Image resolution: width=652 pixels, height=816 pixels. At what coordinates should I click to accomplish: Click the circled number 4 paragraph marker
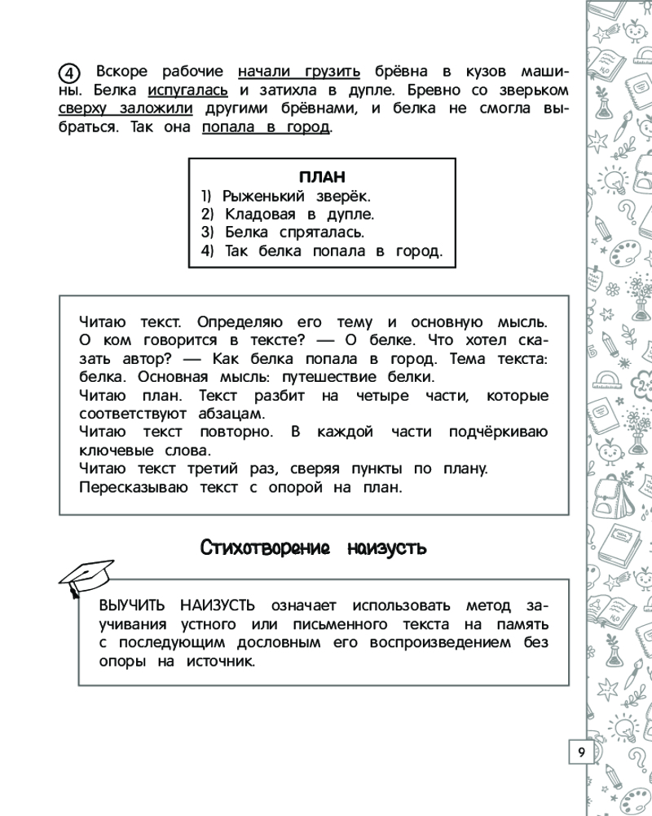click(x=70, y=69)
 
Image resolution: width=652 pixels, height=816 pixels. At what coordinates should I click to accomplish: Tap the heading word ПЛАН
click(x=322, y=177)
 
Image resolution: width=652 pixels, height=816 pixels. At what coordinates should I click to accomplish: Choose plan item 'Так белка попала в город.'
click(x=321, y=251)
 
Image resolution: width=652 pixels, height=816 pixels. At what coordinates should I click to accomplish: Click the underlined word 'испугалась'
click(x=187, y=89)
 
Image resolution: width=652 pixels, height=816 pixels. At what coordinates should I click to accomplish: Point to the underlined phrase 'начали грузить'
click(x=298, y=69)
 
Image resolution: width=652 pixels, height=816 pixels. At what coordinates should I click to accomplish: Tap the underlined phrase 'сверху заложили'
click(x=126, y=109)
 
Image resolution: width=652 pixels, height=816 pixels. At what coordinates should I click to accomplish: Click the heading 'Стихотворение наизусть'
click(x=314, y=548)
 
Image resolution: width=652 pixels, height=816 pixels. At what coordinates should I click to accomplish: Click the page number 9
click(x=581, y=752)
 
